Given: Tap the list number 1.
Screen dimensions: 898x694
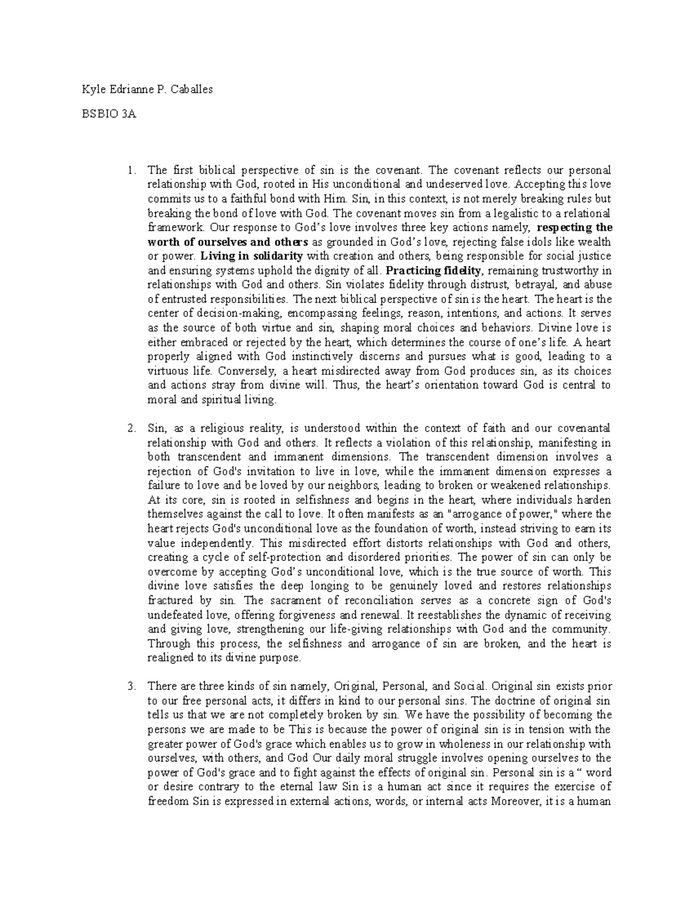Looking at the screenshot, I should [x=132, y=170].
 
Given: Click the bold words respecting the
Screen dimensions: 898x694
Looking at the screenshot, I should [x=574, y=227].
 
